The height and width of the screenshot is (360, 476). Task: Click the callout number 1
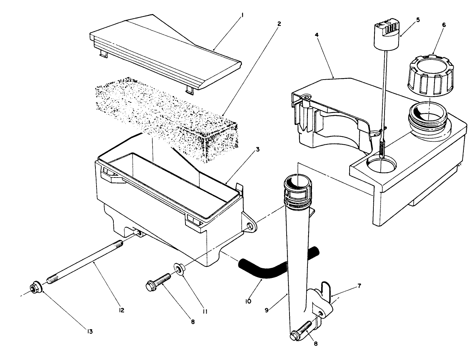click(243, 15)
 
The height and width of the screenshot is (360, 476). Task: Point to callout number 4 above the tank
click(316, 35)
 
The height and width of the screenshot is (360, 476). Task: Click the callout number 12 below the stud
click(121, 310)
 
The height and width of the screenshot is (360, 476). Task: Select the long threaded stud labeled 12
click(85, 261)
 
